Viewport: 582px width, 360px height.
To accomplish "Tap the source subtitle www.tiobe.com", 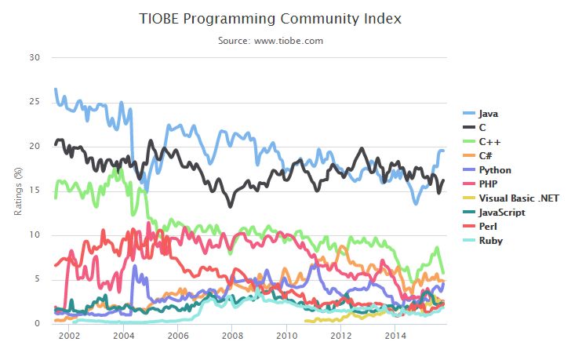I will (x=271, y=40).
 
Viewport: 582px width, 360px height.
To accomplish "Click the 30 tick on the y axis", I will (x=35, y=57).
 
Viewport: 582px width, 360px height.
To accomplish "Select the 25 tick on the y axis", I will (x=35, y=102).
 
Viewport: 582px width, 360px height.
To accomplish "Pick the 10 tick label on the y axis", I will (x=35, y=235).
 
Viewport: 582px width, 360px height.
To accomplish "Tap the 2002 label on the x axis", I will (x=69, y=336).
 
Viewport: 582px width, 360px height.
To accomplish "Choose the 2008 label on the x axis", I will (x=232, y=336).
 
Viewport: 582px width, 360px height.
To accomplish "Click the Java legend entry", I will (x=489, y=113).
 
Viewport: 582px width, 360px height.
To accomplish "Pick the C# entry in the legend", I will (x=488, y=155).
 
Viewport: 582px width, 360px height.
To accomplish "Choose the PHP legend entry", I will (x=489, y=184).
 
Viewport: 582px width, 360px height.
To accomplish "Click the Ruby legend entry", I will (x=491, y=240).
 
